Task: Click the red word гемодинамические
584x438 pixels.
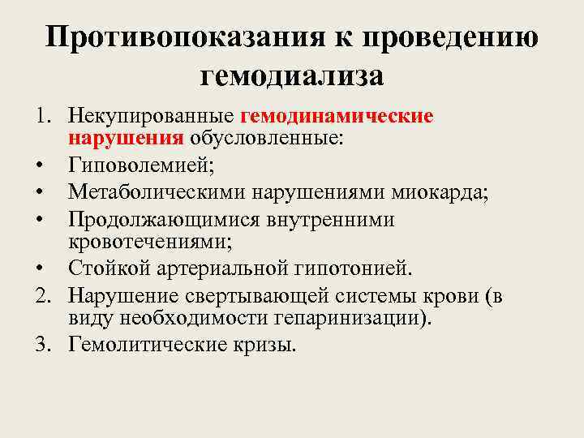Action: (x=337, y=117)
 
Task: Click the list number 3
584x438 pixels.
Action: (x=42, y=346)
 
